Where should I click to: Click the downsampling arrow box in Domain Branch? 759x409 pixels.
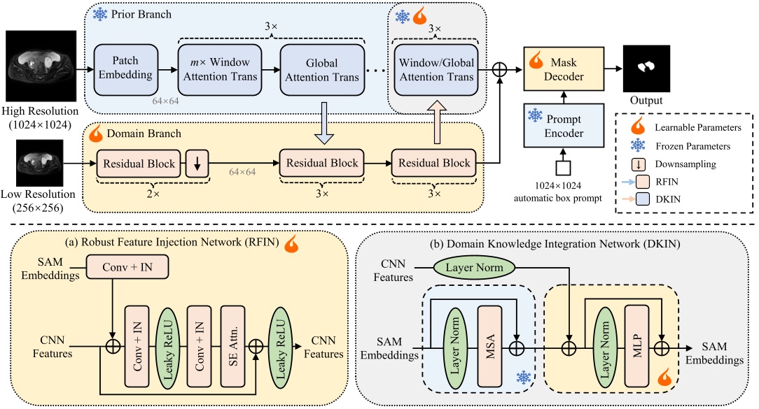(197, 164)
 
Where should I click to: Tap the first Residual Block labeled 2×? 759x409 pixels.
(139, 164)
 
